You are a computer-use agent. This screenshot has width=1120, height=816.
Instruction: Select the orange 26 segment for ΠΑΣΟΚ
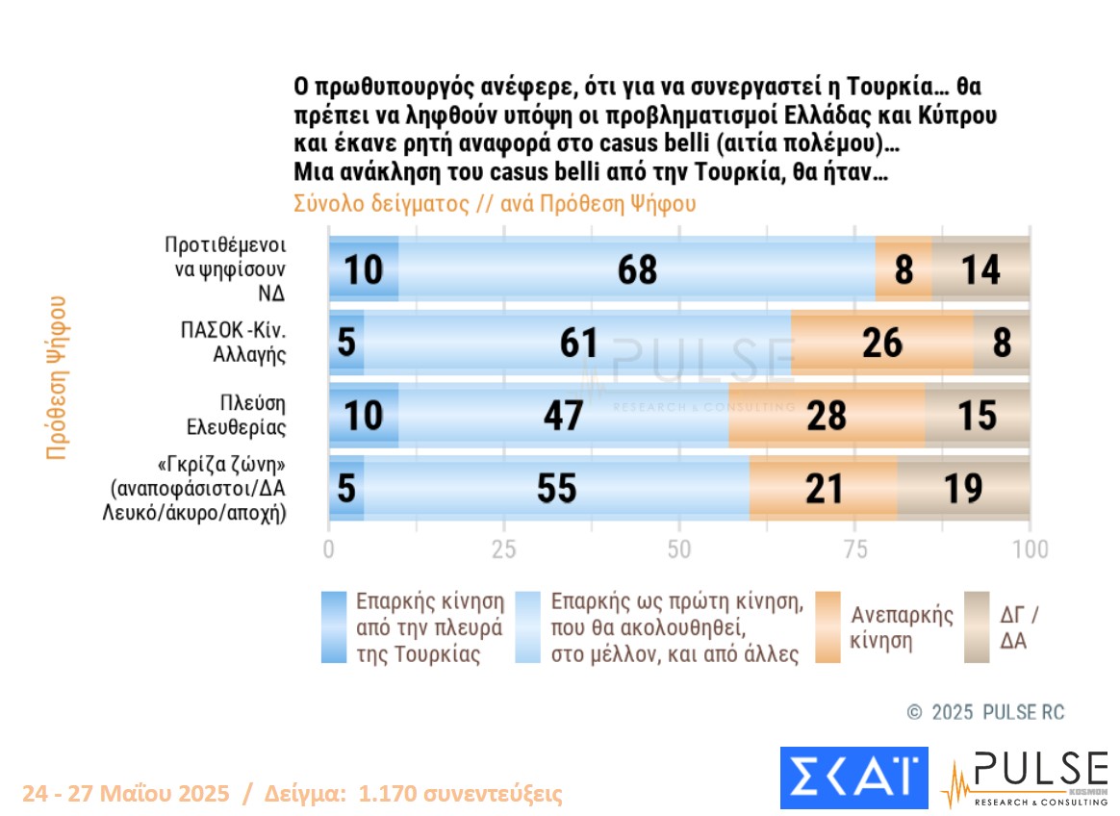point(881,342)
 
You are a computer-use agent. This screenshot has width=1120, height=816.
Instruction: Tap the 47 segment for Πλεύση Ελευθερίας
point(563,415)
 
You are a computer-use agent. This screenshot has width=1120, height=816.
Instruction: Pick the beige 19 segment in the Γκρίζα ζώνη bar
point(963,488)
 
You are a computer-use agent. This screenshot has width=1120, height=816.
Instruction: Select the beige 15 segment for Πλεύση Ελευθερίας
point(978,415)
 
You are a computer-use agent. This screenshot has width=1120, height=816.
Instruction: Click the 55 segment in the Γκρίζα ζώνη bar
point(556,488)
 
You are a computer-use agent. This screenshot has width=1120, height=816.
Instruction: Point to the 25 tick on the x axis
point(504,549)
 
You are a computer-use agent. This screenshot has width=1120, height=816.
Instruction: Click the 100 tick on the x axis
point(1031,549)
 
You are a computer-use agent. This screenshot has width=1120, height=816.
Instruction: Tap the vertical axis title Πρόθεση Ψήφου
point(58,376)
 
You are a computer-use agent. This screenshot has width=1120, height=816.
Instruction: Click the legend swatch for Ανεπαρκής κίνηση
point(828,627)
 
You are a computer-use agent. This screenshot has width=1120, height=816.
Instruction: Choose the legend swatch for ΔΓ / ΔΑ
point(978,627)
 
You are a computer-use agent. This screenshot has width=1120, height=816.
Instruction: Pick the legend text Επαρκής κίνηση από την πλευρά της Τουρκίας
point(429,627)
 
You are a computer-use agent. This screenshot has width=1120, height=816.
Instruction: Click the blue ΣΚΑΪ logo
point(853,778)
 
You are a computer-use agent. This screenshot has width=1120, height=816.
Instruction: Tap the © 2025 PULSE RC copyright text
point(986,712)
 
